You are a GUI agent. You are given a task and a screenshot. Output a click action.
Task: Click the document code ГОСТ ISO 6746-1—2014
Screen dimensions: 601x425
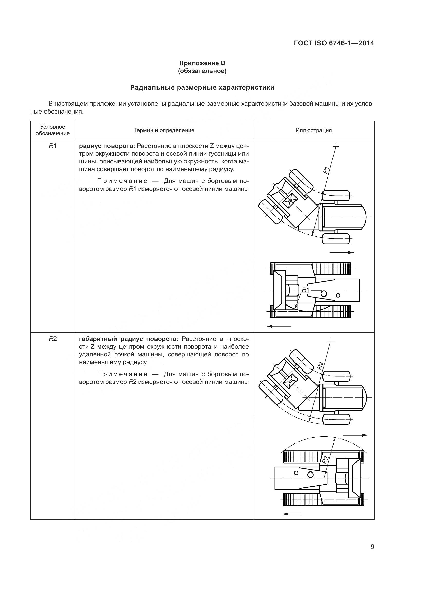pyautogui.click(x=334, y=43)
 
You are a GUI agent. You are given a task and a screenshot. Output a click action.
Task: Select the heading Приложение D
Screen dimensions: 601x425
pyautogui.click(x=202, y=63)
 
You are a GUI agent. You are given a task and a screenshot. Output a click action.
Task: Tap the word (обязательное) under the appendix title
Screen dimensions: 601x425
pyautogui.click(x=202, y=71)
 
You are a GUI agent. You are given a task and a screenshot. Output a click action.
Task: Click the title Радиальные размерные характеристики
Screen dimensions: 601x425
pyautogui.click(x=202, y=87)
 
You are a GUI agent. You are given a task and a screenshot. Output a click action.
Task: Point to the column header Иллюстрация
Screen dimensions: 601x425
pyautogui.click(x=313, y=130)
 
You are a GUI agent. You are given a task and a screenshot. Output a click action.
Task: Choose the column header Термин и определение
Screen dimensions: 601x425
pyautogui.click(x=164, y=130)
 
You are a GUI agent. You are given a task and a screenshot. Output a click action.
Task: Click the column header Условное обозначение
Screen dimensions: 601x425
pyautogui.click(x=53, y=130)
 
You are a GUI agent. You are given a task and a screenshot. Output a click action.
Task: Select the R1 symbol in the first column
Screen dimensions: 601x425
pyautogui.click(x=53, y=146)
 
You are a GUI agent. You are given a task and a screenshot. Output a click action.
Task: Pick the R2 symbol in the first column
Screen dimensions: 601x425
pyautogui.click(x=53, y=339)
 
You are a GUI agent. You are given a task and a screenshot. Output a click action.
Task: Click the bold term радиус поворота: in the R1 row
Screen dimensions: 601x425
pyautogui.click(x=107, y=146)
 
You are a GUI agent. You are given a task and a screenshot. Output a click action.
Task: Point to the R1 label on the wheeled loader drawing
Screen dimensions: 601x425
pyautogui.click(x=326, y=170)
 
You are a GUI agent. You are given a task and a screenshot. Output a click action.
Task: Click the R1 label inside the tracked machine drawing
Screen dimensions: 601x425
pyautogui.click(x=306, y=290)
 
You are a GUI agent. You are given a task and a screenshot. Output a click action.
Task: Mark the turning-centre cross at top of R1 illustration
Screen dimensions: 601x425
pyautogui.click(x=336, y=146)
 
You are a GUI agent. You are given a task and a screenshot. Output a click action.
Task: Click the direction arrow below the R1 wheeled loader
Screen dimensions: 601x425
pyautogui.click(x=341, y=252)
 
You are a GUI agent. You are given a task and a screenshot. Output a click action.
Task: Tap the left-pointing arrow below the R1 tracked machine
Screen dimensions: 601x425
pyautogui.click(x=279, y=326)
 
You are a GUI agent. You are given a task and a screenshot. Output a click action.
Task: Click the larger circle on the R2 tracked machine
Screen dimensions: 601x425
pyautogui.click(x=310, y=475)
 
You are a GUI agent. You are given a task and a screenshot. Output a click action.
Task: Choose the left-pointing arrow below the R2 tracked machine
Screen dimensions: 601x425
pyautogui.click(x=293, y=514)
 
